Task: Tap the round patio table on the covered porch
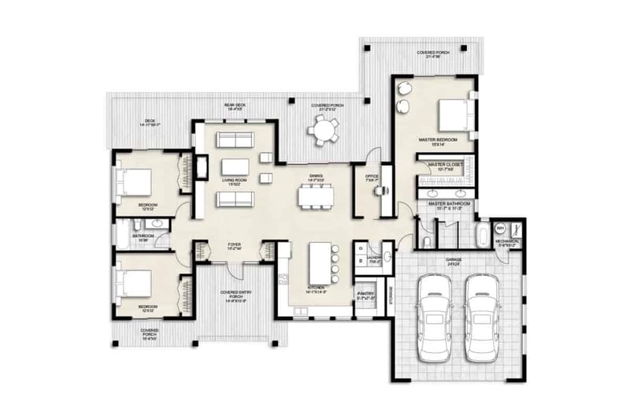(x=323, y=128)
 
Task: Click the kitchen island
(x=319, y=263)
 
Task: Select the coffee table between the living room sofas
(x=235, y=166)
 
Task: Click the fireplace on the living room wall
(x=202, y=166)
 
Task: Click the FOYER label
(x=235, y=245)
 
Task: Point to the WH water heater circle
(x=499, y=229)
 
